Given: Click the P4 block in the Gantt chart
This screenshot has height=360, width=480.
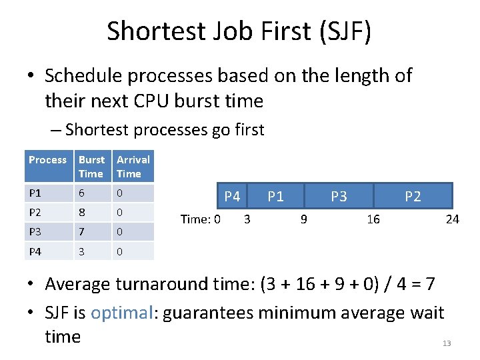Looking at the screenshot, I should (x=232, y=196).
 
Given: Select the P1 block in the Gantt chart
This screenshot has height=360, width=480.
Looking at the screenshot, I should (x=275, y=196).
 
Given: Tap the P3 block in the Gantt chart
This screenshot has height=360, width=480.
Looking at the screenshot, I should (x=339, y=196).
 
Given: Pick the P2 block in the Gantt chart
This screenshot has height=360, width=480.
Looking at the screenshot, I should (x=413, y=196).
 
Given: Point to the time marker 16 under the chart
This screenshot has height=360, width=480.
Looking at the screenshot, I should (x=373, y=219).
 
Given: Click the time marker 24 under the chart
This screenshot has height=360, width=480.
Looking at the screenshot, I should (x=452, y=219).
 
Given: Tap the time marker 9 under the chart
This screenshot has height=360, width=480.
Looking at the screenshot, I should (x=303, y=219).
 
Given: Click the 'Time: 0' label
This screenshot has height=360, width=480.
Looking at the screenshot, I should (x=201, y=219).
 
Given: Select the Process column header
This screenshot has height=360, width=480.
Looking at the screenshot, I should (x=48, y=160).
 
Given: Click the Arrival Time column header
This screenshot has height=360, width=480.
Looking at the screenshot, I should (x=133, y=167).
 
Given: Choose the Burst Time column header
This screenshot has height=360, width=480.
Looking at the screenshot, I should (x=91, y=167).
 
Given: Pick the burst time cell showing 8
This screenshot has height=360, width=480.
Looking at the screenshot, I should (x=82, y=213).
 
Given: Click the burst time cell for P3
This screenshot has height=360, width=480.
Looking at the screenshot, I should (x=82, y=232).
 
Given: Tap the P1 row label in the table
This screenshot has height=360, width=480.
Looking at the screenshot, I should (x=35, y=193).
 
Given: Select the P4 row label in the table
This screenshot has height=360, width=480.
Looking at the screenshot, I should (x=35, y=252).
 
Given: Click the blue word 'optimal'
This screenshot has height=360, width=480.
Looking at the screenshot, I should (x=122, y=313).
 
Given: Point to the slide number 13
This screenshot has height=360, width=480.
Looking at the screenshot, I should (x=447, y=343).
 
